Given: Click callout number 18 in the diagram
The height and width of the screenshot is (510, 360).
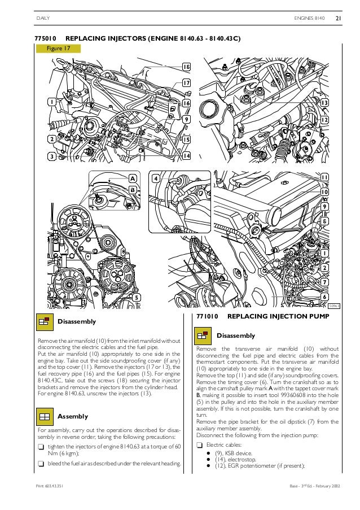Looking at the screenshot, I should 186,67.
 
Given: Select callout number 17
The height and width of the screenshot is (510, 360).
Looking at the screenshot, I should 186,84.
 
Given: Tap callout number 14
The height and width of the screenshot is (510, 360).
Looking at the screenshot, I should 186,155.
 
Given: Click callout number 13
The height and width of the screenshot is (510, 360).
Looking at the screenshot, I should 324,103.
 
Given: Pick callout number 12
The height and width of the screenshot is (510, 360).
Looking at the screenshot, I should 324,120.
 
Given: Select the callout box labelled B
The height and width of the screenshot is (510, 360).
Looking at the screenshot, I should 133,190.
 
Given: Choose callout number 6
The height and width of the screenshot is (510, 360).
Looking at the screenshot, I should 324,297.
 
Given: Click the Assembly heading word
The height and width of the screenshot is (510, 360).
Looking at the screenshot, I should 73,416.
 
